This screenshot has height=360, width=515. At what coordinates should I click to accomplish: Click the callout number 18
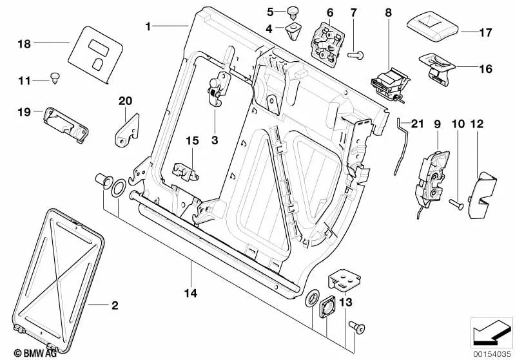pos(24,44)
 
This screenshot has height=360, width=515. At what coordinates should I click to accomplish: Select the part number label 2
pos(115,305)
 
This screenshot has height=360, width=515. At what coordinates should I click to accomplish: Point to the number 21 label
pos(418,124)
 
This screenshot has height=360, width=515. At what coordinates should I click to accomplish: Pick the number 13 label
pos(345,302)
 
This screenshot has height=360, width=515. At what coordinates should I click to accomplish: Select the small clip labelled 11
pos(56,79)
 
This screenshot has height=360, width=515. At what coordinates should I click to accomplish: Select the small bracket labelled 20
pos(128,129)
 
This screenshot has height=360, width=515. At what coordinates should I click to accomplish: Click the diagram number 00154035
pos(493,354)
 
